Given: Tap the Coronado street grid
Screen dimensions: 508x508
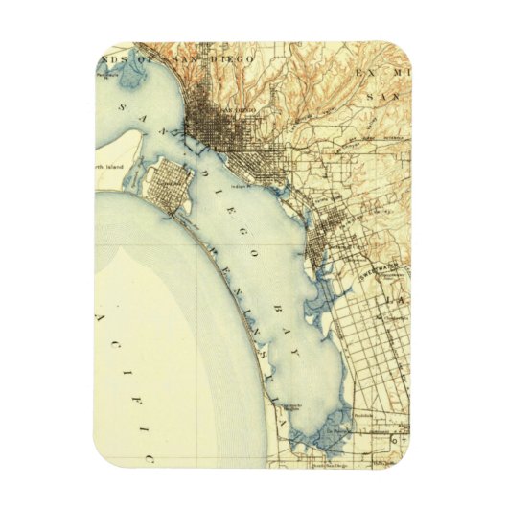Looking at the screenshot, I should tap(173, 182).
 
